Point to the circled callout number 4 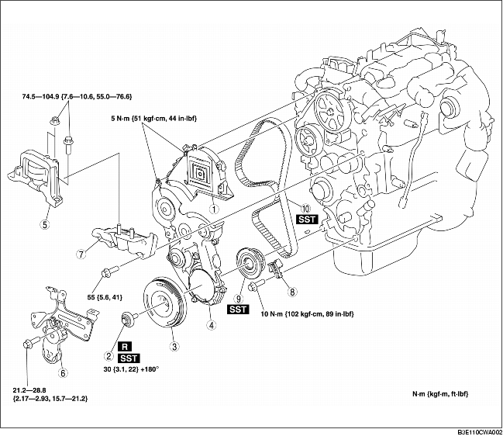pos(210,325)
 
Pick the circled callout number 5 pos(46,226)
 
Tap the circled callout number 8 pos(291,292)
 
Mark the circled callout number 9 pos(239,296)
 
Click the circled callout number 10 pos(306,208)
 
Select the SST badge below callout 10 pos(306,220)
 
